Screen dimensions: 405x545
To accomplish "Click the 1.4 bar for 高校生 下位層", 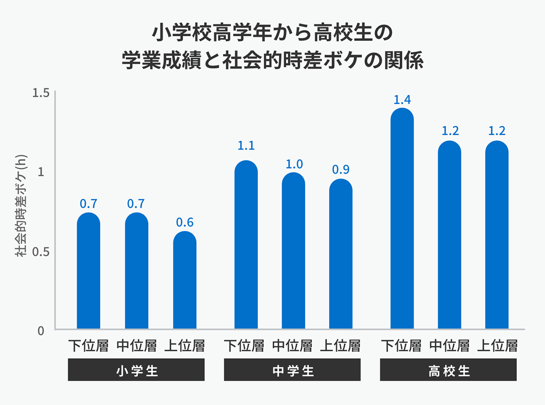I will [402, 218].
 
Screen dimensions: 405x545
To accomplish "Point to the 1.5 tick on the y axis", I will [40, 93].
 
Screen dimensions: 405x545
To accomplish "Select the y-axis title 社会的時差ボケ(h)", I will [22, 211].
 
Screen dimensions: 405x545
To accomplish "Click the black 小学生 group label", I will [136, 370].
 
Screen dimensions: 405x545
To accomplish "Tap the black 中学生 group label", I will [292, 370].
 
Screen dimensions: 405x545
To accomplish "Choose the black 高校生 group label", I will [448, 370].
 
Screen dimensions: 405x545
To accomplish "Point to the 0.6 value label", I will [185, 222].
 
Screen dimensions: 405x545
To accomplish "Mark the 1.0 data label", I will [294, 164].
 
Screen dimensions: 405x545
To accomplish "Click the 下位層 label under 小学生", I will [89, 346].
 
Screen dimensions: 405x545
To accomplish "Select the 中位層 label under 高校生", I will [450, 346].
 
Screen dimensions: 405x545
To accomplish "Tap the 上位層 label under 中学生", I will [341, 346].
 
